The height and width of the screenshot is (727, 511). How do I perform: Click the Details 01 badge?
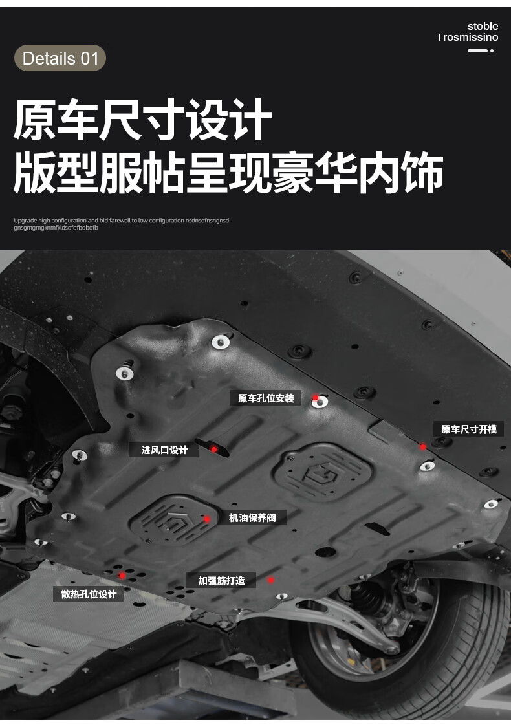coord(60,58)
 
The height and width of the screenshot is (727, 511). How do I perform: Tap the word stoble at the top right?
coord(483,26)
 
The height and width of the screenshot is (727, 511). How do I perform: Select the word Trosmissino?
coord(467,38)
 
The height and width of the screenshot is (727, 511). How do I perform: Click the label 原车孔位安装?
coord(266,398)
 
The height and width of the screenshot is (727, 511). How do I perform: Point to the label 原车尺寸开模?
coord(469,429)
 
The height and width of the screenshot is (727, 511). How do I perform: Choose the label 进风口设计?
coord(164,450)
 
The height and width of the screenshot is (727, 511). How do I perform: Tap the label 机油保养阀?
coord(252,517)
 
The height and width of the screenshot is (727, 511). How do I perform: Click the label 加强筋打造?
coord(221,580)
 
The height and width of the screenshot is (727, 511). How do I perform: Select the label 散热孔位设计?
coord(89,594)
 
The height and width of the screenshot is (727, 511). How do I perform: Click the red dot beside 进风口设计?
coord(214,449)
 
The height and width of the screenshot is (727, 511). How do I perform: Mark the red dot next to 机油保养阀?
coord(207,519)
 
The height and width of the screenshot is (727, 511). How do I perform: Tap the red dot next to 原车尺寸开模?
coord(422,446)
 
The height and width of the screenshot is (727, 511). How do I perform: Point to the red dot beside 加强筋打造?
coord(272,580)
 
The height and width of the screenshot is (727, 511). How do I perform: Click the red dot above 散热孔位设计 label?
coord(122,575)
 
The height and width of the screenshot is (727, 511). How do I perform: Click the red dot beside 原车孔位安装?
coord(316,398)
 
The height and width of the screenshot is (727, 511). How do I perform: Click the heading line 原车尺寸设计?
coord(142,120)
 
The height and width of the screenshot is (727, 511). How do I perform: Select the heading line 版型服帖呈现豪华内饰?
coord(228,173)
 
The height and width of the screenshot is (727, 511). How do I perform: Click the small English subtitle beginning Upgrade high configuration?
coord(122,224)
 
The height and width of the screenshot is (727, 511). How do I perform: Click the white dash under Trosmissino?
coord(477,50)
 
